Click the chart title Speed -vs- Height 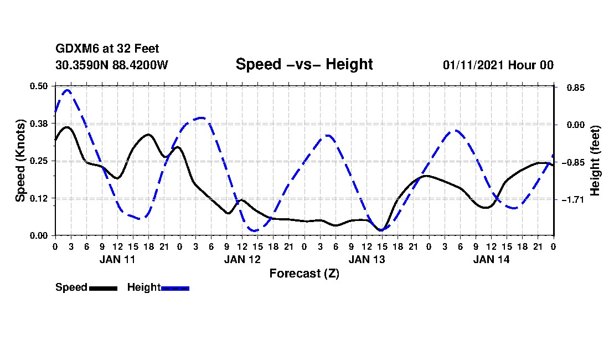(x=304, y=64)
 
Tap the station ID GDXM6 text (x=75, y=49)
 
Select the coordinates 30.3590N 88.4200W (x=112, y=65)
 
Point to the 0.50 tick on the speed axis (x=39, y=86)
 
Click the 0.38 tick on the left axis (x=39, y=124)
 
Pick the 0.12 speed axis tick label (x=39, y=198)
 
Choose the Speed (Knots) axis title (x=20, y=161)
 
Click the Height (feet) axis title (x=596, y=161)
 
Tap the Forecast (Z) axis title (x=304, y=273)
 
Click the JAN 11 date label (x=117, y=259)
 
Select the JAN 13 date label (x=367, y=259)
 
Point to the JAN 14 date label (x=491, y=259)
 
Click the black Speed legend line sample (x=103, y=288)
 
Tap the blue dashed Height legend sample (x=175, y=288)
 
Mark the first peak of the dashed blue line (x=68, y=90)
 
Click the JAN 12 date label (x=242, y=259)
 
